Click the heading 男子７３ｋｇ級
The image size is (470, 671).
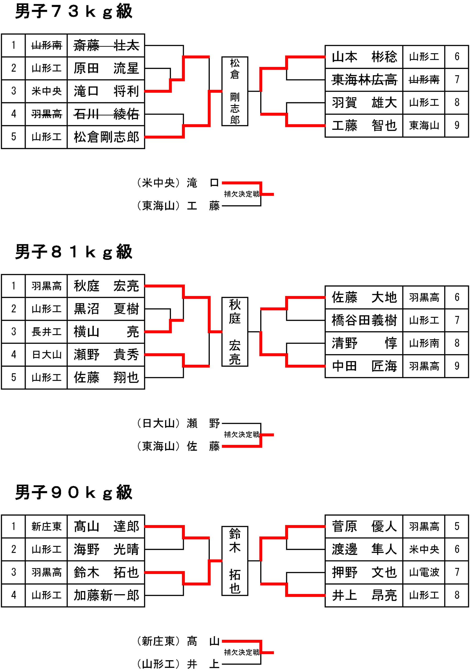pos(74,12)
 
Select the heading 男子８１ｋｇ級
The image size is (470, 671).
pos(74,252)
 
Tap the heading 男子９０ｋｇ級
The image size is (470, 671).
pos(74,493)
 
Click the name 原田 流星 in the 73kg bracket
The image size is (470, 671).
pos(106,68)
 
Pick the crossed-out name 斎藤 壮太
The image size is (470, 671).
pos(106,46)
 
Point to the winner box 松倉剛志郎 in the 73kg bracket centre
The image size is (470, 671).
pos(235,91)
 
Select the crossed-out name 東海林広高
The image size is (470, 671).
pos(364,80)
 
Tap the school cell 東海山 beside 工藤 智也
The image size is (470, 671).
pos(424,126)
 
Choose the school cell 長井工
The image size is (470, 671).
pos(46,332)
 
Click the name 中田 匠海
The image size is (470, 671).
pos(364,366)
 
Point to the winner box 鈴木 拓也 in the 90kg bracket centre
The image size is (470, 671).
pos(235,561)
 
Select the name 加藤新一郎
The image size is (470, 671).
pos(106,595)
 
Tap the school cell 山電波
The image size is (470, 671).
pos(424,572)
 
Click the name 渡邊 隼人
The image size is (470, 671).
pos(364,549)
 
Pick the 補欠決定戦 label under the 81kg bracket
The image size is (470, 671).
pos(242,435)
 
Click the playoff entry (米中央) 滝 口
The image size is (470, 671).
pos(178,183)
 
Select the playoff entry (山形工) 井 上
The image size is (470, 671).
pos(178,664)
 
